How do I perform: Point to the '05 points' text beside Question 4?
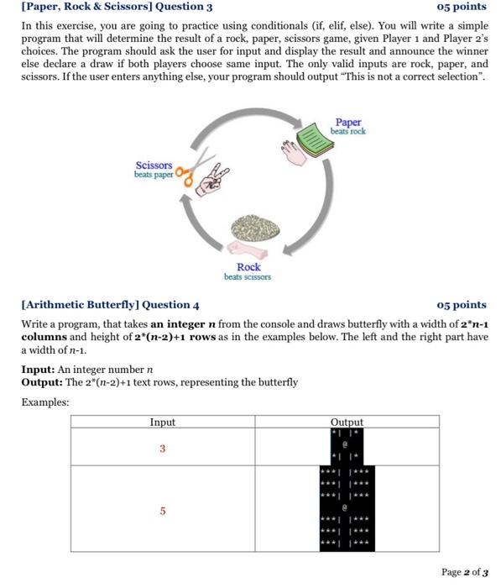462,305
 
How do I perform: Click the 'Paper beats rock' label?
347,126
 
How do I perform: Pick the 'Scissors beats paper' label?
154,170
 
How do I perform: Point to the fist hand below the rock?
248,249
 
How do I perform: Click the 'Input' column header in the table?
162,423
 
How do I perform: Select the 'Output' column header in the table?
347,423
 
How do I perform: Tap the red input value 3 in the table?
162,449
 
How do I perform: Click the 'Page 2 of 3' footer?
463,572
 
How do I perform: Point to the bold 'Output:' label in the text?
41,381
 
